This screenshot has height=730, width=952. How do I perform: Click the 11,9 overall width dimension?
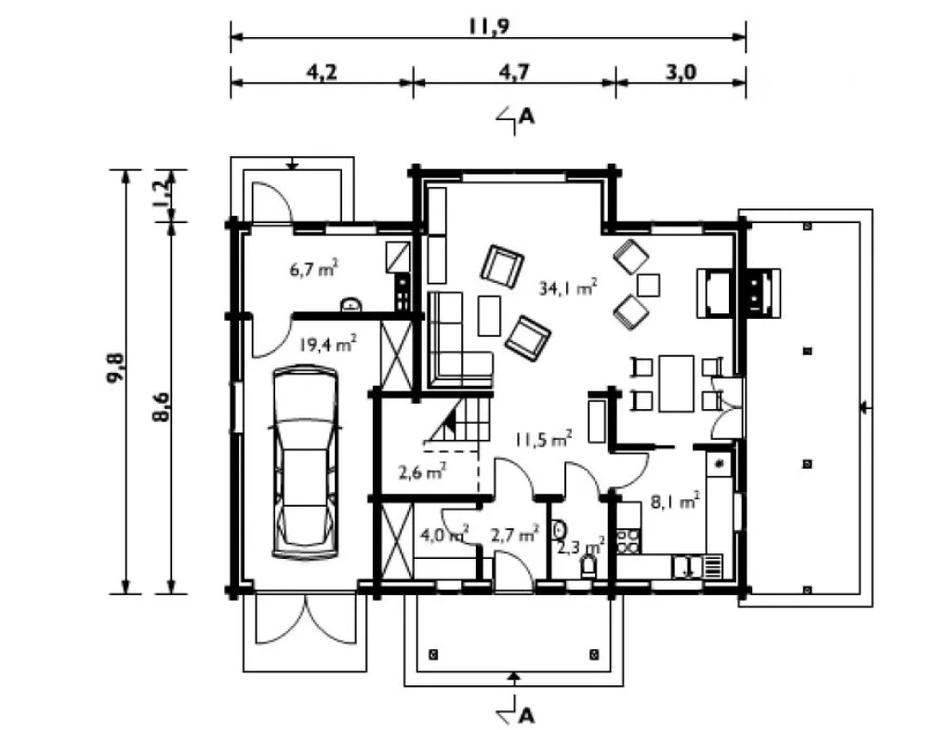coord(489,27)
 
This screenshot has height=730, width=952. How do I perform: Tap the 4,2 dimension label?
coord(321,73)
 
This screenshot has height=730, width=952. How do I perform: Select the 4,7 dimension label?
coord(514,73)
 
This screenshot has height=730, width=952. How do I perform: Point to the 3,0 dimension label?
coord(681,73)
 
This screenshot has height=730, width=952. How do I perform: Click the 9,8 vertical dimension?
coord(115,367)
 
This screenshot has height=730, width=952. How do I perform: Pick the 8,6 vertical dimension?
coord(161,407)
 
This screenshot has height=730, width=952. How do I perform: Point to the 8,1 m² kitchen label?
coord(675,502)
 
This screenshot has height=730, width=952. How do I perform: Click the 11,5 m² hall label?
coord(543,439)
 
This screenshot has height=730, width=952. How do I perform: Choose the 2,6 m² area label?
coord(423,471)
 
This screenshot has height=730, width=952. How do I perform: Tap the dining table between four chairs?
coord(677,384)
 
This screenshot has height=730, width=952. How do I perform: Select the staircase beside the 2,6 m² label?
coord(460,422)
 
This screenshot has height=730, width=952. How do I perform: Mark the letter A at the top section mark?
coord(526,116)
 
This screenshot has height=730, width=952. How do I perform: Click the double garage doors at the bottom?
coord(305,618)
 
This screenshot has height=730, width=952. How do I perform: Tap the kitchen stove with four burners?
coord(629,540)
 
